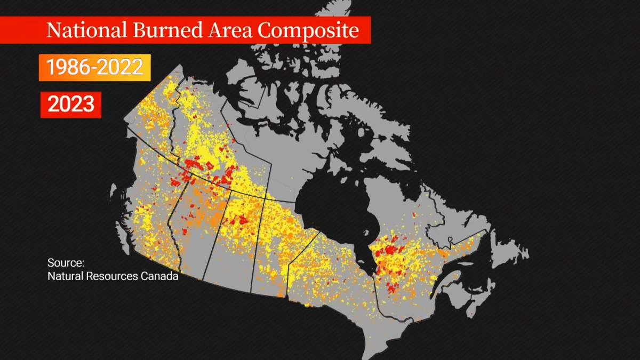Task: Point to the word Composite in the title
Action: (x=308, y=30)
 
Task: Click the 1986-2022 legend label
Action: (x=95, y=67)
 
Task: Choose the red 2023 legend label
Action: (x=71, y=103)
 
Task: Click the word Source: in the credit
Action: (x=66, y=263)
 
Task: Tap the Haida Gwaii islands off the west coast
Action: (x=113, y=192)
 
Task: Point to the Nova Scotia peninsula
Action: (x=464, y=299)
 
